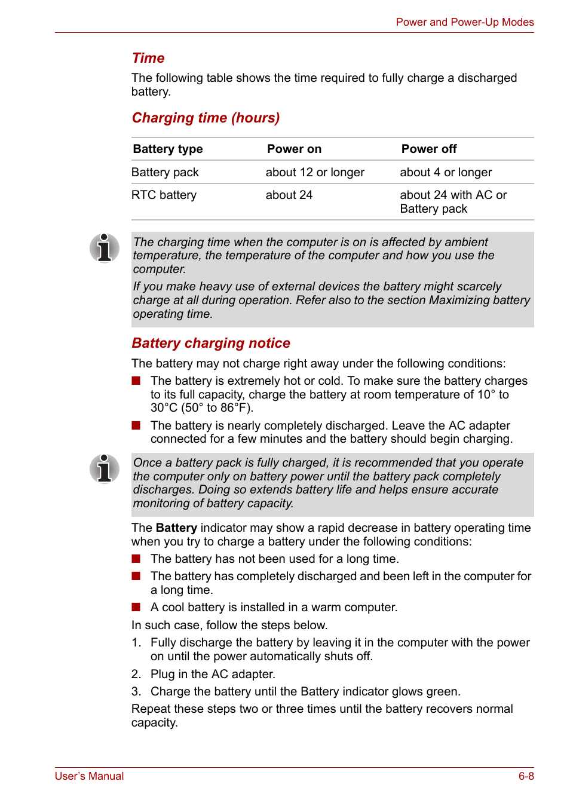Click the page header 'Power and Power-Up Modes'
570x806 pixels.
[x=464, y=22]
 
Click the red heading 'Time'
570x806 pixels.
[x=148, y=58]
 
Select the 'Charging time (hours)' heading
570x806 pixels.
[x=206, y=118]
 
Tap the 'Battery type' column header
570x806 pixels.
[x=168, y=149]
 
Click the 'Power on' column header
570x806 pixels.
[x=294, y=149]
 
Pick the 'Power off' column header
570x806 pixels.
[x=428, y=149]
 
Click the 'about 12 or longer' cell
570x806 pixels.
[x=315, y=172]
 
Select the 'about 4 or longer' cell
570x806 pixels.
[x=446, y=172]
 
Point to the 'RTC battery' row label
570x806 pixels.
[x=164, y=195]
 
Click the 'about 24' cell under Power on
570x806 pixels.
[x=289, y=195]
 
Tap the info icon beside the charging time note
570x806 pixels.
[x=105, y=247]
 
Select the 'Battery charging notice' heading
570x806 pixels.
[x=211, y=343]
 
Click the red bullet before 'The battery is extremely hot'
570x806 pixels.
[x=136, y=381]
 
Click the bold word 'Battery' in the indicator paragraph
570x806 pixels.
[x=176, y=528]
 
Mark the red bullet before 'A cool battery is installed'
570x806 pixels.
[x=136, y=607]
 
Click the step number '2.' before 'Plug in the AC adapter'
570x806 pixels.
[x=136, y=674]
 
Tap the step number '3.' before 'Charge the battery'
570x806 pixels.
[x=136, y=691]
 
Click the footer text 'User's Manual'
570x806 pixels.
[x=89, y=776]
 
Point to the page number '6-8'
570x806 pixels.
[x=526, y=776]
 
